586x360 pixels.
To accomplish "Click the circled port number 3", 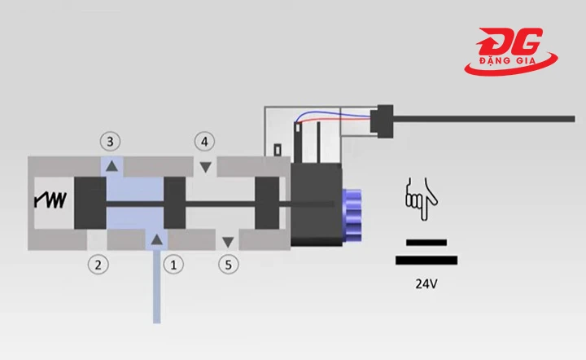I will coord(111,141).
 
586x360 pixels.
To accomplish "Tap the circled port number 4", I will coord(205,141).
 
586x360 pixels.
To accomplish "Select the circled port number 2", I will coord(98,264).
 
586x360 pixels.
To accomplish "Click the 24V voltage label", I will coord(426,286).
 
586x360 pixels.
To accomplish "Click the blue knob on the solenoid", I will coord(352,213).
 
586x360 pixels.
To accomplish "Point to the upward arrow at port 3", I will coord(112,166).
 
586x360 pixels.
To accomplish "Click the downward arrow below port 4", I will coord(206,167).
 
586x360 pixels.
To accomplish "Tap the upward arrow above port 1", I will coord(155,238).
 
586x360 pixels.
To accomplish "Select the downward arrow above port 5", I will coord(229,241).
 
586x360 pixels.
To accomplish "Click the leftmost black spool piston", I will coord(90,203).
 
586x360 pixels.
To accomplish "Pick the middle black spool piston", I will coord(175,203).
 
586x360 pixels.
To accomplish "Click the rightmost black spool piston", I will coord(267,203).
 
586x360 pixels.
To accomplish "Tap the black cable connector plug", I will coord(381,120).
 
